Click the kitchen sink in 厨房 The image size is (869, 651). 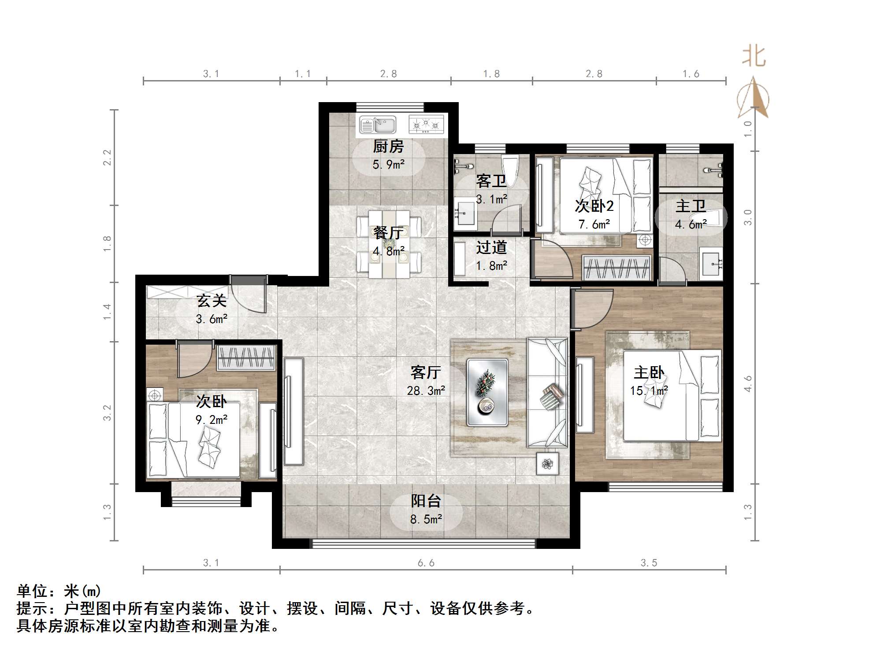378,125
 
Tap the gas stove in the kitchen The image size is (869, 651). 425,125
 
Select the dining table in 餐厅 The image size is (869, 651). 389,244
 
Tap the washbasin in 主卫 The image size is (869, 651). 710,264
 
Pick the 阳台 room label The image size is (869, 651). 426,500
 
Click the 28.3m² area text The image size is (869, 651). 426,390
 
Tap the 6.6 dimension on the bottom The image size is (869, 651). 426,563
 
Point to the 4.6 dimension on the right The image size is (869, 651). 748,384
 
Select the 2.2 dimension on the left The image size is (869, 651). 107,158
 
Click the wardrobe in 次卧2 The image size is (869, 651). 616,268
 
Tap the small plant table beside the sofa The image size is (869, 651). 547,463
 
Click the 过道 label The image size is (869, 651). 491,248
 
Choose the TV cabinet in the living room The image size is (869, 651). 293,412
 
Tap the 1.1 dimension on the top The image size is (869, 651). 303,74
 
